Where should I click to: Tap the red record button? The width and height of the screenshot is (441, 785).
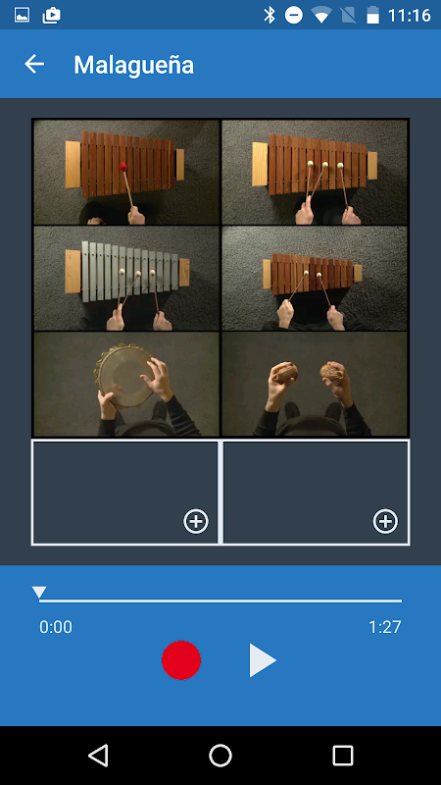coord(181,659)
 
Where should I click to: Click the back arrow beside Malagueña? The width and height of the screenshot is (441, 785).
coord(34,64)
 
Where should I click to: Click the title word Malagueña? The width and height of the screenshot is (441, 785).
coord(133,65)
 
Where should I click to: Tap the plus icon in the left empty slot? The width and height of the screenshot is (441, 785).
coord(195,522)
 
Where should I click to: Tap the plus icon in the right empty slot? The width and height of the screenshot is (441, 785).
coord(385,522)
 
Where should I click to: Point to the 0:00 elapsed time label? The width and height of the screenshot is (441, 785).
coord(56,627)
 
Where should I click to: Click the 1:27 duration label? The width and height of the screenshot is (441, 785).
coord(385,627)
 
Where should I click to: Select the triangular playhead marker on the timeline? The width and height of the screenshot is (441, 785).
coord(39,593)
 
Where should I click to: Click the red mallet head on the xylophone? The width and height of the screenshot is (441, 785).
coord(123,166)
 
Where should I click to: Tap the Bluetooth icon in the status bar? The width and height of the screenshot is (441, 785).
coord(269,15)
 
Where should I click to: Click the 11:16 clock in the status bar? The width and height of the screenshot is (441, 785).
coord(409,15)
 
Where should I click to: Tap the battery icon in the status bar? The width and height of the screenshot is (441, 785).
coord(373,15)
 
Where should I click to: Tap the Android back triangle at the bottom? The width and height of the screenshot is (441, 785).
coord(99,755)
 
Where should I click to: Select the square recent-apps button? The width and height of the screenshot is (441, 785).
coord(343,755)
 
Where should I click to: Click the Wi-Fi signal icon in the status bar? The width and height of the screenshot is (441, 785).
coord(321,15)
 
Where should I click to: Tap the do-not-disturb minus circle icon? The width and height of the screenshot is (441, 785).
coord(294,15)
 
